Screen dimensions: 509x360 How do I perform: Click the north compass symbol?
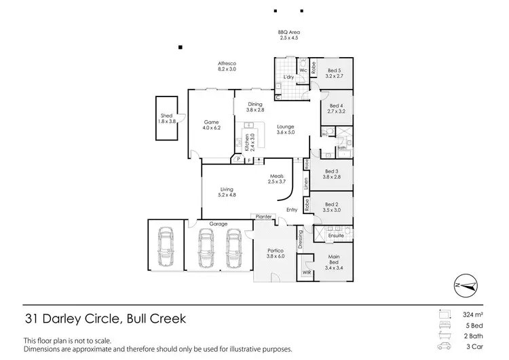pos(466,285)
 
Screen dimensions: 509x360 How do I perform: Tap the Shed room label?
pos(166,115)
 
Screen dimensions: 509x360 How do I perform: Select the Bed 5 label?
pos(335,71)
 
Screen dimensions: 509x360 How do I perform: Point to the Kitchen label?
pos(247,143)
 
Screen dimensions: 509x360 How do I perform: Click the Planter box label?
pos(263,217)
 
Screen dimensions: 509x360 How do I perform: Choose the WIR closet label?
pos(307,272)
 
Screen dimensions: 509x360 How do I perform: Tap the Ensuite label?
pos(336,236)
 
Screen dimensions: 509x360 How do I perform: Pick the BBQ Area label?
pos(289,32)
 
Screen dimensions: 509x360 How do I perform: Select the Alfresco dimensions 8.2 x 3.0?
pos(227,69)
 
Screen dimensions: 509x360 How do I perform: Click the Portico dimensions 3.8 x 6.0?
pos(276,256)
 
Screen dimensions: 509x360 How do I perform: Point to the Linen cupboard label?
pos(306,184)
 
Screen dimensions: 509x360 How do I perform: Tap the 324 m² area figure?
pos(473,314)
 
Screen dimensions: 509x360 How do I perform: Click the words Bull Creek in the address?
pos(157,319)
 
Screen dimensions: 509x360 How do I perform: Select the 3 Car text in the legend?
pos(475,346)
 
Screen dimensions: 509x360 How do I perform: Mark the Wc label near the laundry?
pos(303,71)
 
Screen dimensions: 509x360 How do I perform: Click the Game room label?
pos(211,122)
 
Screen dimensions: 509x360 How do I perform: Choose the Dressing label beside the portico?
pos(300,240)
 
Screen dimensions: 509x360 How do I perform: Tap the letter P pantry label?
pos(239,159)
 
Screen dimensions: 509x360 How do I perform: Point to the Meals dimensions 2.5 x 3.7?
pos(277,181)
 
